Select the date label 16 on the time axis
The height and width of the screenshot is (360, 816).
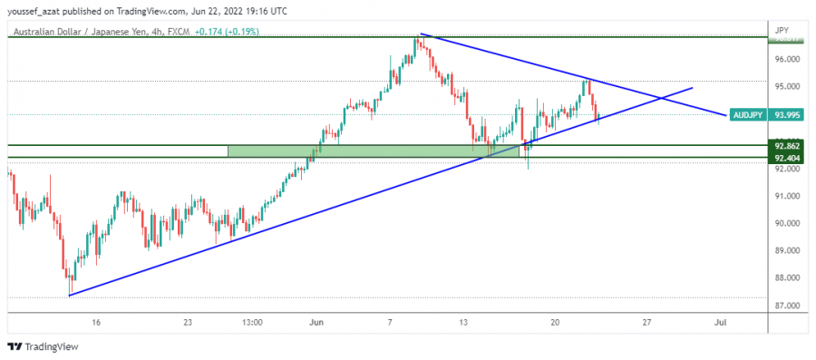(x=96, y=322)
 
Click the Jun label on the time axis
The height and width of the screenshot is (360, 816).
(x=316, y=322)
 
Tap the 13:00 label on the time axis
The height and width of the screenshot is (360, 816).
(x=253, y=322)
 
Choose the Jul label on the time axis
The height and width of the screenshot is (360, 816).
(x=721, y=322)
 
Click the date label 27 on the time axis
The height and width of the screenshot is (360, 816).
(x=646, y=322)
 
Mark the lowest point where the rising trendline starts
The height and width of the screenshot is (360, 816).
(x=69, y=295)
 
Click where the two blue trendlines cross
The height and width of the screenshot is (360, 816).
(x=659, y=96)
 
